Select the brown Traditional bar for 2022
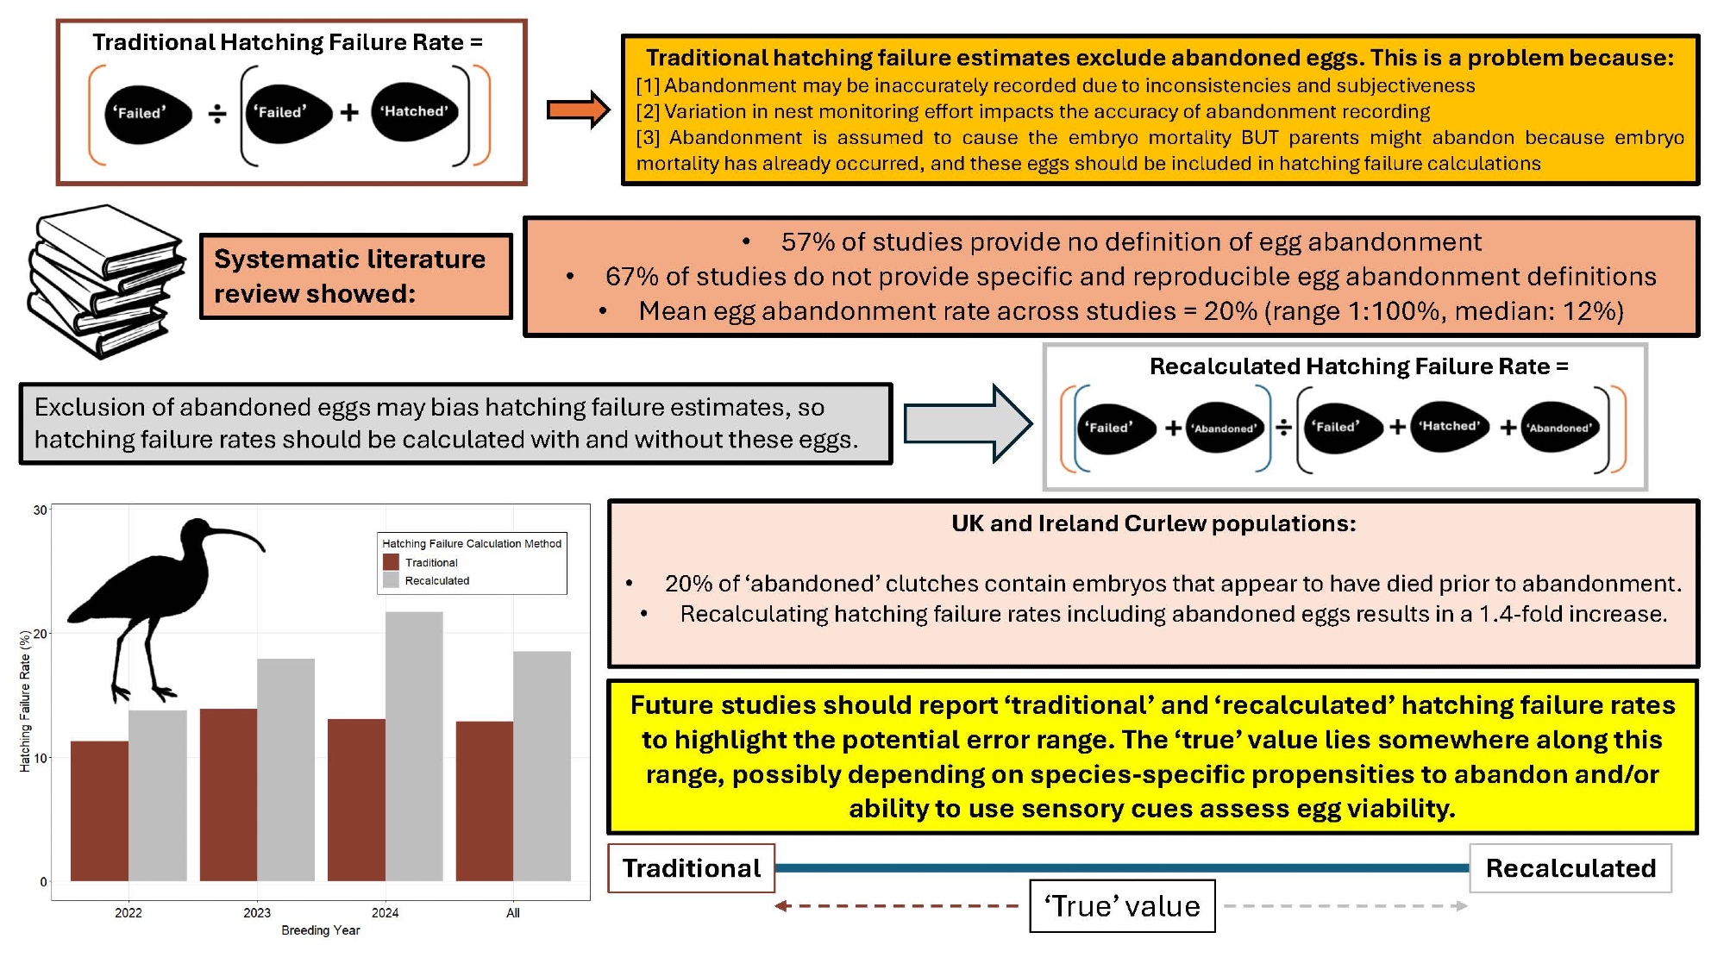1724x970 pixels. point(99,810)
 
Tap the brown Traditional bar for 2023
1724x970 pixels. point(228,794)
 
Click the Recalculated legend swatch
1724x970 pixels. point(391,580)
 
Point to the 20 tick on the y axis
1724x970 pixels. point(41,634)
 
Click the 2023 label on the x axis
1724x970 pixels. point(256,912)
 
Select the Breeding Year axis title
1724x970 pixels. point(320,930)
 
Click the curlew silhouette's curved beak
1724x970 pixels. point(237,535)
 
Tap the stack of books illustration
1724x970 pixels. point(105,280)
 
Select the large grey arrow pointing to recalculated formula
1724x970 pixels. point(967,422)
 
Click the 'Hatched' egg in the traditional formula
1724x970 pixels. point(414,111)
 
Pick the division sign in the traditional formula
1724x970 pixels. point(217,113)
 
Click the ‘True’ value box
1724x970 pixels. point(1121,906)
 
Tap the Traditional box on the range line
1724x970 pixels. point(691,868)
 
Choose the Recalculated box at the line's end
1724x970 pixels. point(1570,868)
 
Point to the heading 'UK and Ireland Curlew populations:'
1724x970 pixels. point(1153,523)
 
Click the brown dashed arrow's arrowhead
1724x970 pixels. point(782,906)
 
